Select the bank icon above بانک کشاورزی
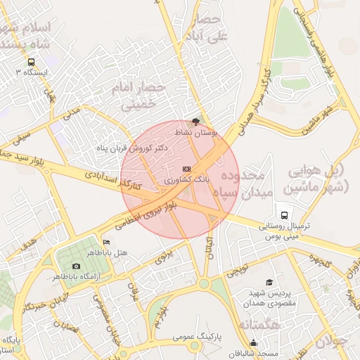(x=186, y=169)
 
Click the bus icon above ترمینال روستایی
(x=283, y=214)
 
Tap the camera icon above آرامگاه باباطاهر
(x=76, y=266)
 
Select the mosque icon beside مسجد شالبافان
(x=253, y=342)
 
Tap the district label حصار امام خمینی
(x=143, y=97)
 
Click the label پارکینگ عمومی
(x=198, y=337)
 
